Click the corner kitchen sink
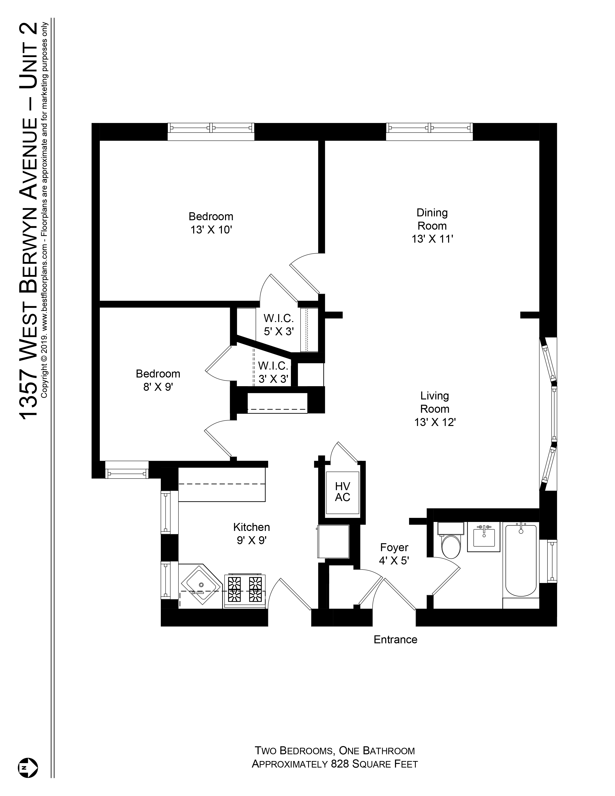[x=200, y=586]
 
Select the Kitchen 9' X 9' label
[x=251, y=534]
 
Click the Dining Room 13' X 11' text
[x=432, y=226]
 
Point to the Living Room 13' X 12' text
[x=435, y=409]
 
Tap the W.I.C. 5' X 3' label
[x=279, y=325]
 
